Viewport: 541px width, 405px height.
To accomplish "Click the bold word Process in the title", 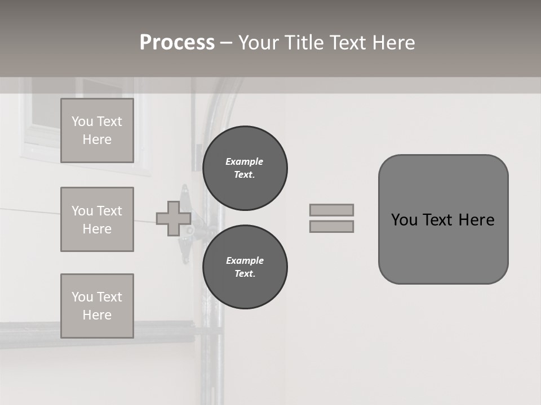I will (x=177, y=43).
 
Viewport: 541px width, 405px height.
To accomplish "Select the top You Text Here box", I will (x=97, y=130).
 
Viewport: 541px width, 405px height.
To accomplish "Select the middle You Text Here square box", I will (x=97, y=219).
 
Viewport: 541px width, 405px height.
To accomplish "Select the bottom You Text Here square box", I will (x=97, y=306).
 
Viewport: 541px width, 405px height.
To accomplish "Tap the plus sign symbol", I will (x=174, y=218).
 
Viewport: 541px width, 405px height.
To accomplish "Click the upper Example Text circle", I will (x=245, y=168).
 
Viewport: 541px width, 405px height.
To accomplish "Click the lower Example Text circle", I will (x=245, y=267).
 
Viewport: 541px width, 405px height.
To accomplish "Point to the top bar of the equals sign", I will (x=331, y=210).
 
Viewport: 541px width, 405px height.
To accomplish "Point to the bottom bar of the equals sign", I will (x=331, y=227).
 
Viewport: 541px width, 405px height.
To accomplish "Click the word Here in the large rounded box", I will (x=476, y=220).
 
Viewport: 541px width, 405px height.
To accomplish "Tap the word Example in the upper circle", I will (x=245, y=161).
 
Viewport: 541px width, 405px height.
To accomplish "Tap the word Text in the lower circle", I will (x=245, y=274).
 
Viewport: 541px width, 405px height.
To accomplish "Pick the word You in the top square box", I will (x=82, y=121).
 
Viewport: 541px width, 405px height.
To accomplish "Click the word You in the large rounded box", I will (x=404, y=220).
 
